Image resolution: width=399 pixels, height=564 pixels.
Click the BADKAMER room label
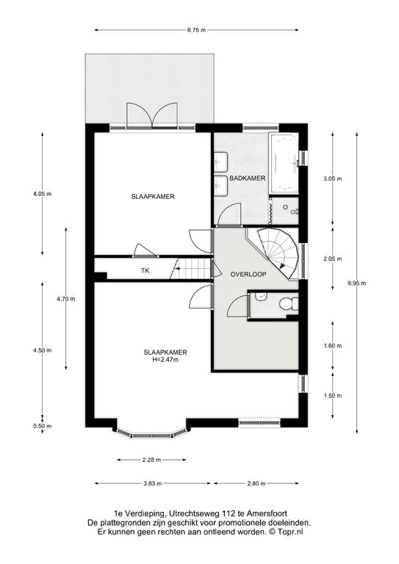248,178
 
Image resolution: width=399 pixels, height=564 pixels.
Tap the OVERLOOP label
248,274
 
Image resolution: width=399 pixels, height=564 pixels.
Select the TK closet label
145,271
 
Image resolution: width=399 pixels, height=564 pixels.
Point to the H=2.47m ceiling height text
165,359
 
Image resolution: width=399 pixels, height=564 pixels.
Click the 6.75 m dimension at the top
196,30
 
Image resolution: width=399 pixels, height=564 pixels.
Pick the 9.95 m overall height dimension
356,283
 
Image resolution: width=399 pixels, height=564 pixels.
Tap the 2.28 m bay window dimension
151,460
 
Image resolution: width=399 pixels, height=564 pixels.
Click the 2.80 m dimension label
256,483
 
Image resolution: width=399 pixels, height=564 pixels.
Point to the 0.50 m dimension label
42,426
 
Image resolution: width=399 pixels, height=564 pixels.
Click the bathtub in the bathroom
284,164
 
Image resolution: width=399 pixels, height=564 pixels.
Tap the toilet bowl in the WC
287,304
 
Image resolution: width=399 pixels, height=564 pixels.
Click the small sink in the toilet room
260,297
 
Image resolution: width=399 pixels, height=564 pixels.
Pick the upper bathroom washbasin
221,162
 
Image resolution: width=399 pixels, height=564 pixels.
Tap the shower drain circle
285,207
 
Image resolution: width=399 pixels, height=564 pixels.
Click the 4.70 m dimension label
66,299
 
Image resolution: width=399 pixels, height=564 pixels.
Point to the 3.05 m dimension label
332,178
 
